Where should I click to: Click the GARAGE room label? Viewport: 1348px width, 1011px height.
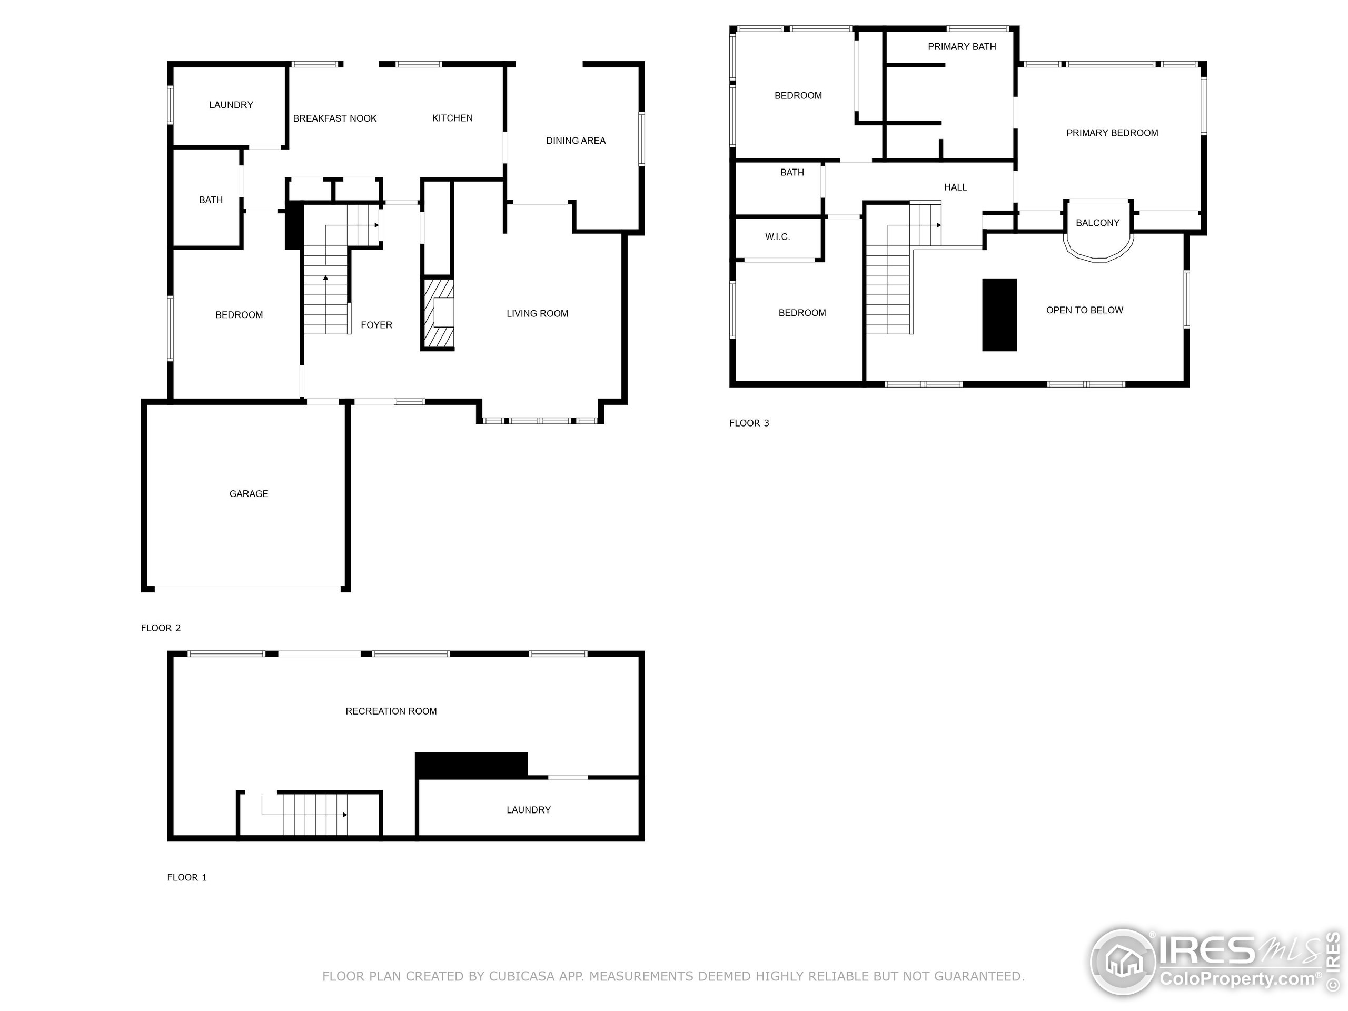point(249,493)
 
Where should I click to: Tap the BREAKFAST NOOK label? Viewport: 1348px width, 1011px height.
point(334,118)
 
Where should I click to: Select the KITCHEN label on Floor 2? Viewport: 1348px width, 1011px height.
point(452,118)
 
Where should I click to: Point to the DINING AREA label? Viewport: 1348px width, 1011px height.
point(576,141)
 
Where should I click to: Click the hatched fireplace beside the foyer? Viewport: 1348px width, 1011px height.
point(438,313)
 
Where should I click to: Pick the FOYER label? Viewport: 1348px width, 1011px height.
point(376,325)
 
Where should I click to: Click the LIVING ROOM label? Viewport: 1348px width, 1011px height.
point(537,313)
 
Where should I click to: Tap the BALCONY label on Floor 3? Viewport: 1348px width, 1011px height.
point(1097,223)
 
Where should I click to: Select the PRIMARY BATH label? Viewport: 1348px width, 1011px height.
point(962,47)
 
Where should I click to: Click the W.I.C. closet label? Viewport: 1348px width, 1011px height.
point(777,237)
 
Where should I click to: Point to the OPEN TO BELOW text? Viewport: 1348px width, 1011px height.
point(1084,310)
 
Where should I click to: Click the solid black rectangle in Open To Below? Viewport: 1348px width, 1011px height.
point(999,314)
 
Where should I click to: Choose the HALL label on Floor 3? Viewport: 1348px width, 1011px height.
point(955,187)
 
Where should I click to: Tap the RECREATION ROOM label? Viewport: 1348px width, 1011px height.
point(391,711)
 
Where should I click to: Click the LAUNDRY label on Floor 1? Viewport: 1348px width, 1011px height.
point(528,810)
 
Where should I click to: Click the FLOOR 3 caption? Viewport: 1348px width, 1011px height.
point(749,423)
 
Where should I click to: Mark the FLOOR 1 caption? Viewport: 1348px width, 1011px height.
point(186,878)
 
